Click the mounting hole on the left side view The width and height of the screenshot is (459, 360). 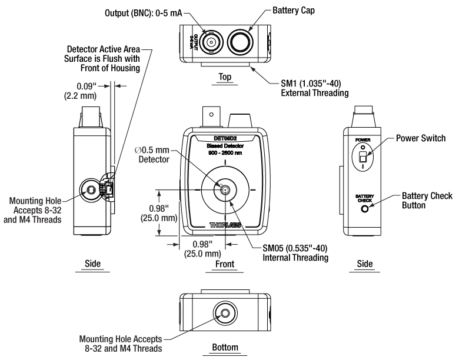91,189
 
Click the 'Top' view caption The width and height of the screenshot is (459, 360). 224,76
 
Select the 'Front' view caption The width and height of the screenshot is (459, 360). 224,265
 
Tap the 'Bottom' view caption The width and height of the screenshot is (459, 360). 224,348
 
